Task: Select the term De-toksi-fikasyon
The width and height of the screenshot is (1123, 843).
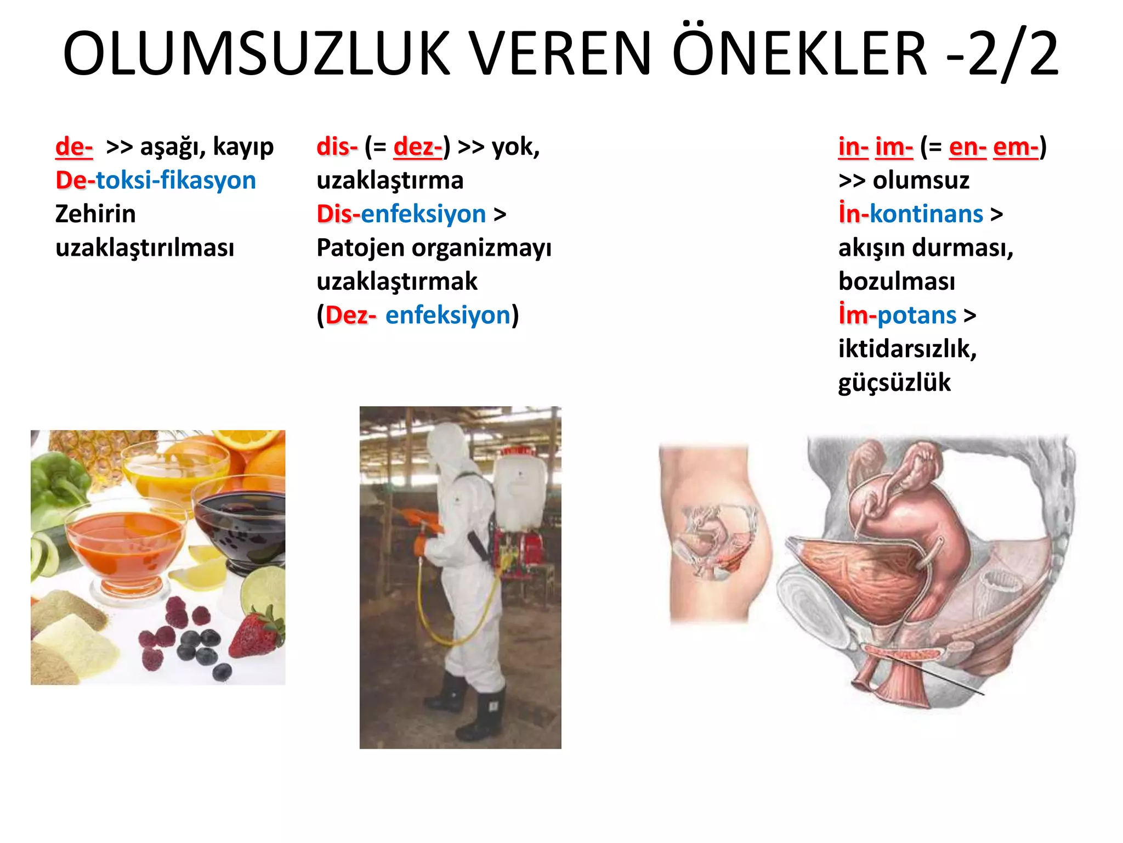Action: coord(156,181)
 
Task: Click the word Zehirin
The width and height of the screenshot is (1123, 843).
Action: coord(95,214)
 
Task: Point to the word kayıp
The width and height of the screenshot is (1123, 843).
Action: coord(243,147)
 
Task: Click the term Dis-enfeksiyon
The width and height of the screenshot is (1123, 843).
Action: coord(401,214)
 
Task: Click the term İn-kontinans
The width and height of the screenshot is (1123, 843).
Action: coord(911,214)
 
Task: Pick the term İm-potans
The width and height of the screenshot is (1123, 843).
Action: coord(898,316)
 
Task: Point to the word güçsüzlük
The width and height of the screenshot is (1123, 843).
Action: coord(894,383)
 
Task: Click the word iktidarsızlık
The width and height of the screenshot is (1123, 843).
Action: coord(908,349)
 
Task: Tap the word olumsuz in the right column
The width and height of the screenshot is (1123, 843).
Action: coord(921,181)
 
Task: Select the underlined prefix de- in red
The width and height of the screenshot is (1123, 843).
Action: coord(74,147)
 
